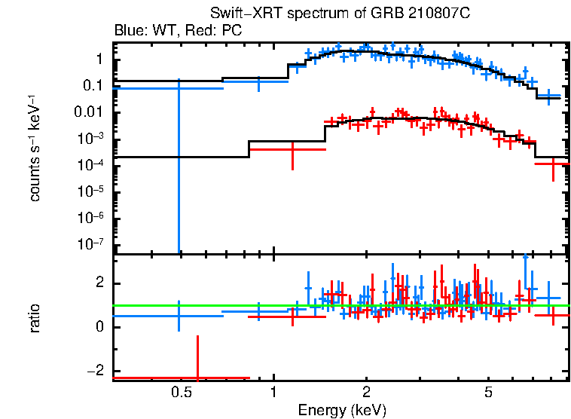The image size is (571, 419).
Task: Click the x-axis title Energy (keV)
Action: click(342, 410)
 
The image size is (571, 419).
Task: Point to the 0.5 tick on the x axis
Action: click(180, 392)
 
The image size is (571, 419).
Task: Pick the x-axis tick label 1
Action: click(273, 392)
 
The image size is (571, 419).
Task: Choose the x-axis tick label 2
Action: click(365, 392)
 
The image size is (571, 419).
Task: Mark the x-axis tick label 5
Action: click(488, 392)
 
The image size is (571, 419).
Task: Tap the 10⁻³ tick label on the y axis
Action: click(93, 139)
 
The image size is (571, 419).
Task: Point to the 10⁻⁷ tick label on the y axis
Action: click(93, 244)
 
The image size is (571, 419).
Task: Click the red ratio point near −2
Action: click(197, 378)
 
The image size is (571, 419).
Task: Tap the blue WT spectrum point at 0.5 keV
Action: click(179, 88)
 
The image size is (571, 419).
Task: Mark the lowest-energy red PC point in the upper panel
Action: click(292, 149)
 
